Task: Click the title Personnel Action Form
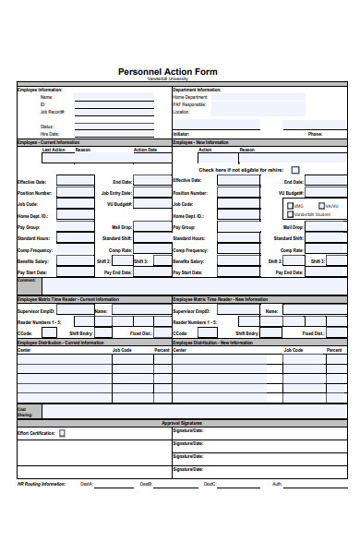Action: pyautogui.click(x=180, y=71)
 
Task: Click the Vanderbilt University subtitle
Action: pyautogui.click(x=180, y=79)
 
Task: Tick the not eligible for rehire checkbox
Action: pyautogui.click(x=295, y=170)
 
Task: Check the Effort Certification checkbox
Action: pyautogui.click(x=63, y=432)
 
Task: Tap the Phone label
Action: pyautogui.click(x=315, y=134)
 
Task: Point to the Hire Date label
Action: pyautogui.click(x=49, y=134)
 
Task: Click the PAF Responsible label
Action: pyautogui.click(x=191, y=104)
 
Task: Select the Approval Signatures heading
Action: pyautogui.click(x=182, y=423)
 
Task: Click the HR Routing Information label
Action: pyautogui.click(x=41, y=483)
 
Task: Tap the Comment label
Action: pyautogui.click(x=26, y=279)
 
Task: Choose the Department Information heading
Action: pyautogui.click(x=198, y=90)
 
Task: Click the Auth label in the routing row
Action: pyautogui.click(x=277, y=483)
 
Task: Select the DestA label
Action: pyautogui.click(x=86, y=483)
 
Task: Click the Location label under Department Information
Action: pyautogui.click(x=181, y=111)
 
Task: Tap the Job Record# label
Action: pyautogui.click(x=52, y=111)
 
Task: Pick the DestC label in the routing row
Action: pyautogui.click(x=210, y=483)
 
